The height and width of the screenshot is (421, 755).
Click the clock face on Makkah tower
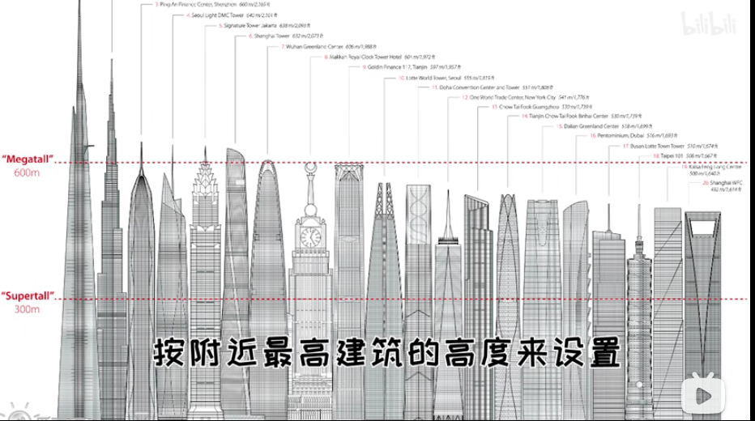(x=309, y=236)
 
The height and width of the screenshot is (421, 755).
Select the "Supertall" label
(x=28, y=296)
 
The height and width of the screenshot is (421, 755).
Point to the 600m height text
(x=26, y=172)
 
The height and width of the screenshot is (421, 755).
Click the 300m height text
(x=26, y=309)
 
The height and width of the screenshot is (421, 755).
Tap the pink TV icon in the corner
(x=699, y=397)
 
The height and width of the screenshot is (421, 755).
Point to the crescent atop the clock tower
(x=309, y=168)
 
